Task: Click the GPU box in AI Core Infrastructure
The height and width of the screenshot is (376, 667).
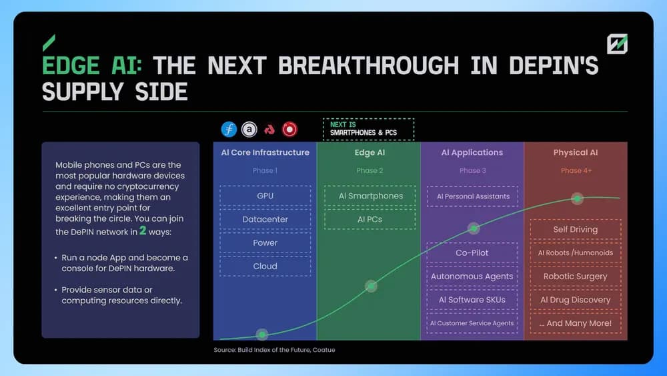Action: point(265,196)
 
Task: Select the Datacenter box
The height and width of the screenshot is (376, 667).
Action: point(265,219)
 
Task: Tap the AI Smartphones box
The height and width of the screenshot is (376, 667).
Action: point(370,196)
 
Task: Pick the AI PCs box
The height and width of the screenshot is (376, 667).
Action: point(370,219)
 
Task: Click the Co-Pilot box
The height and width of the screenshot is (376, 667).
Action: point(472,253)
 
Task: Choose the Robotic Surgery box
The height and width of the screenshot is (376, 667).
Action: point(576,276)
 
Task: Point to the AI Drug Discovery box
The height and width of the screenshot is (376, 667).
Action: point(576,300)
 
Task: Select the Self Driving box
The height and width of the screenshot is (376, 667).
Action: point(576,230)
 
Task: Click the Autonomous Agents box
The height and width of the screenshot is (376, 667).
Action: point(472,276)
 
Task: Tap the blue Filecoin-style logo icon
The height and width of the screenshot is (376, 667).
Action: point(229,129)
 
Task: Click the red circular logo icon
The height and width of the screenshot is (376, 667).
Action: point(289,129)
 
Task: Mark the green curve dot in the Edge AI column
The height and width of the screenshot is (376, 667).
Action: point(371,286)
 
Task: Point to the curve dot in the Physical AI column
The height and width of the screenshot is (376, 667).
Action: point(577,198)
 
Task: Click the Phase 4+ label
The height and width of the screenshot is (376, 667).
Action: point(576,170)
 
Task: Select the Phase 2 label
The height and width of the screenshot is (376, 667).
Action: point(370,170)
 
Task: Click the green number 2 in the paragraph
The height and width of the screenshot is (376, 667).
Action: point(143,231)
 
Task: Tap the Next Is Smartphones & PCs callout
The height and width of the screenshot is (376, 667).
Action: point(368,129)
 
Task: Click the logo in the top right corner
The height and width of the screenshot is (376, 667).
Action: point(617,44)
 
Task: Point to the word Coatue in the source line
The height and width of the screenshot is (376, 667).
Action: point(323,350)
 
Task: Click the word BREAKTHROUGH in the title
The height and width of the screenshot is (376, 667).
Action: point(369,65)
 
